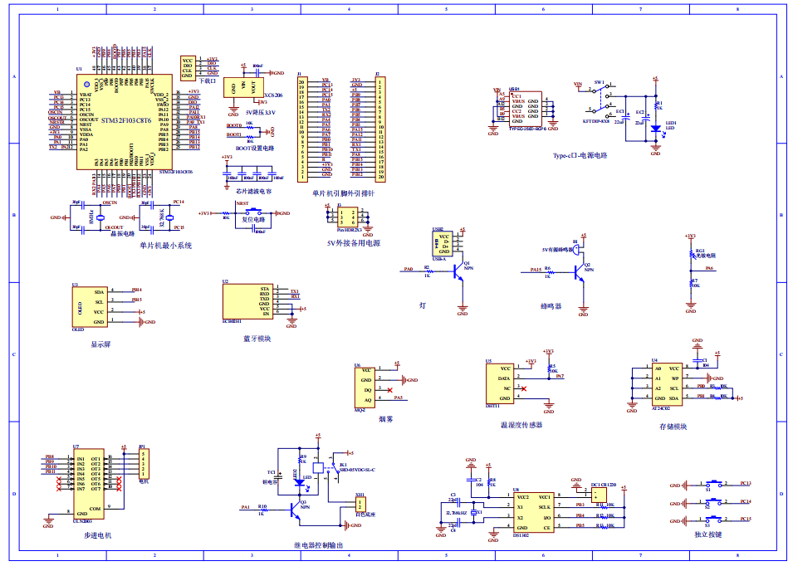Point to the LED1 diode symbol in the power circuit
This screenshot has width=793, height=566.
click(x=655, y=128)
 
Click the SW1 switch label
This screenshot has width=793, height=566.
click(x=599, y=84)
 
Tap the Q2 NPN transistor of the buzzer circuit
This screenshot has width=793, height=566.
click(x=580, y=273)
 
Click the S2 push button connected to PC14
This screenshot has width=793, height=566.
click(x=713, y=501)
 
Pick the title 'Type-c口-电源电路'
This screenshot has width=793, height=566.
click(x=580, y=155)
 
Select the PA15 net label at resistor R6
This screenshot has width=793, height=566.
click(x=536, y=270)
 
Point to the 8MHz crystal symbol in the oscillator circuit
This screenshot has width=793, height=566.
click(x=100, y=217)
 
